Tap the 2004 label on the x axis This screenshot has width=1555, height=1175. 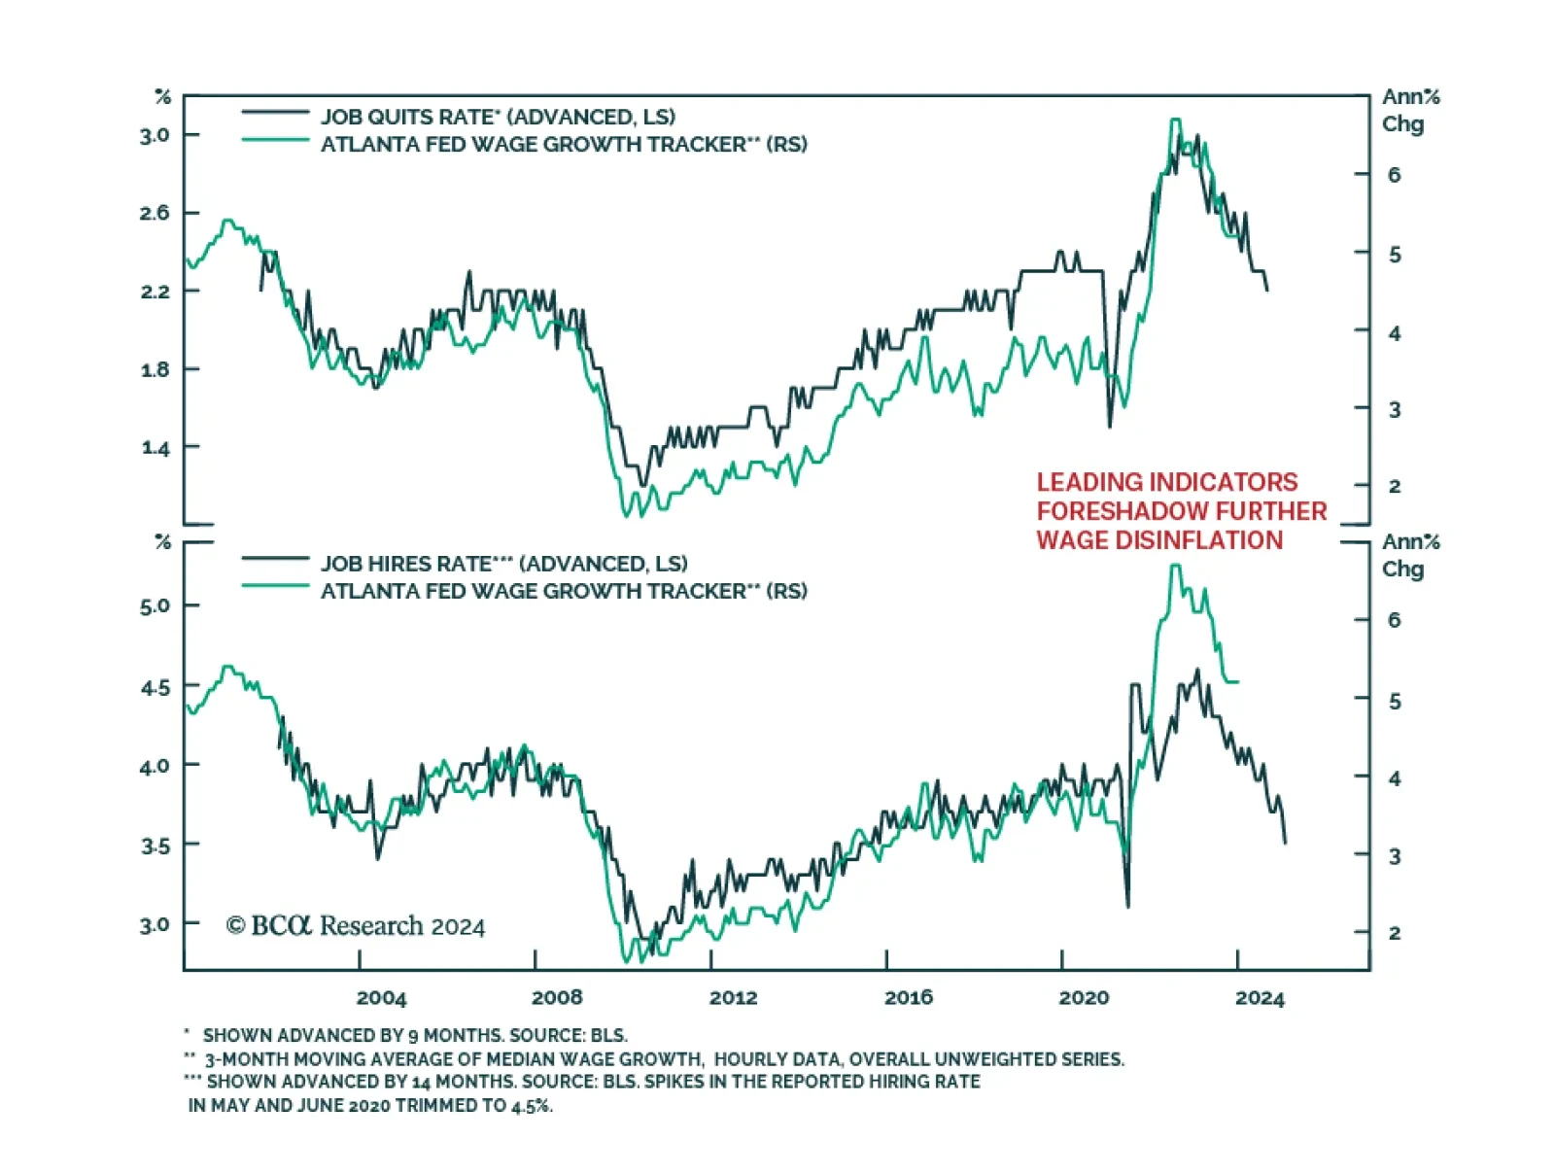(x=381, y=998)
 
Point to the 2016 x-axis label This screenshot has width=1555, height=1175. (x=908, y=998)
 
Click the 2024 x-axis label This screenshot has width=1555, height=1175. (x=1260, y=998)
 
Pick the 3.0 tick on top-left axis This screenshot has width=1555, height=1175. (x=155, y=135)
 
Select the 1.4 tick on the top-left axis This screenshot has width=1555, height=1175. (x=155, y=448)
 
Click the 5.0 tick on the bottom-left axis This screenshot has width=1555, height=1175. (x=155, y=606)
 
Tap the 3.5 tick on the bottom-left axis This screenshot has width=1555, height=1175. (x=155, y=846)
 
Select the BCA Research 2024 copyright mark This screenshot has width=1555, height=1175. (x=356, y=926)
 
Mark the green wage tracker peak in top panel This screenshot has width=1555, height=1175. (x=1176, y=121)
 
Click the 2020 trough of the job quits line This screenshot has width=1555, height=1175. (x=1110, y=426)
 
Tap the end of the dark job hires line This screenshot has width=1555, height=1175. (x=1285, y=842)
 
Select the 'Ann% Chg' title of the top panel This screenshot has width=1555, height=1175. (x=1410, y=110)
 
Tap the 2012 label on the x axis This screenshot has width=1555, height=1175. (x=733, y=998)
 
